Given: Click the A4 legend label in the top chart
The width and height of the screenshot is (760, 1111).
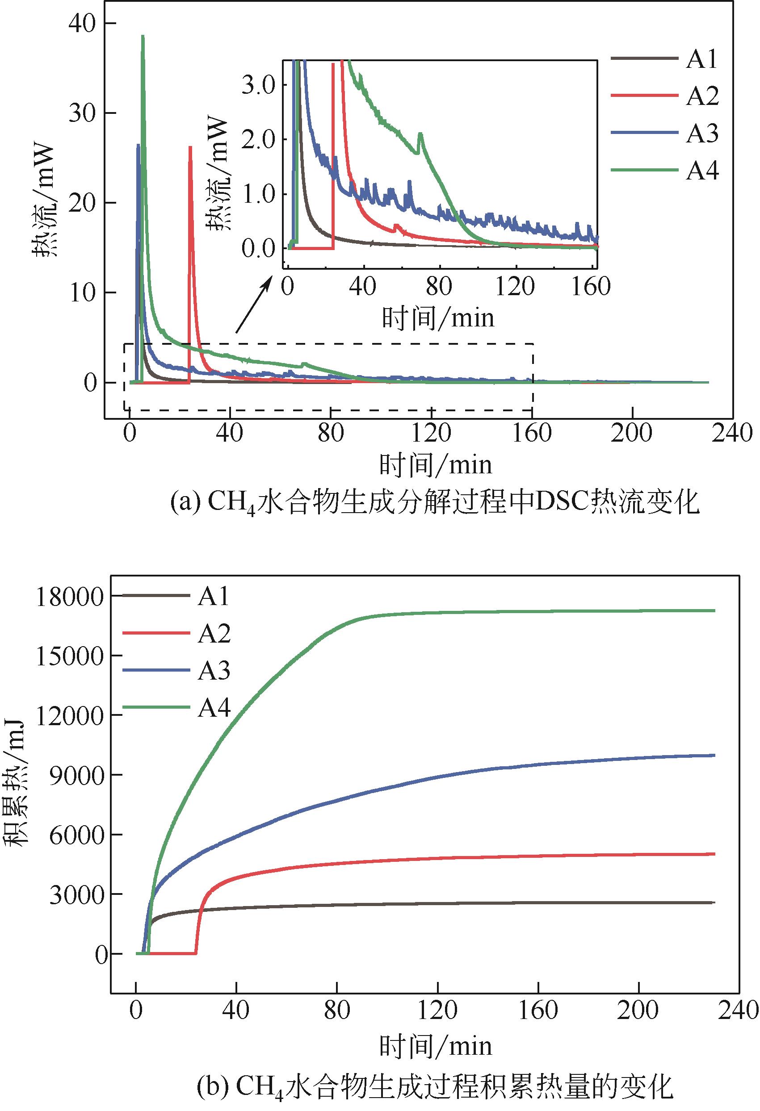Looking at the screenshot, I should pos(702,171).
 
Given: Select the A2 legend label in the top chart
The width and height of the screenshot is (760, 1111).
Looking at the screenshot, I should pos(702,96).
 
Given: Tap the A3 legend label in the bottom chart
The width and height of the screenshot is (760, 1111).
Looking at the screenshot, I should pos(214,671).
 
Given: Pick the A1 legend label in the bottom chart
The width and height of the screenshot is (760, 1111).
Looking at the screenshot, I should pos(214,596).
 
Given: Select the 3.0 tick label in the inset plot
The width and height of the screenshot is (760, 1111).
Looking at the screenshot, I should pos(258,85).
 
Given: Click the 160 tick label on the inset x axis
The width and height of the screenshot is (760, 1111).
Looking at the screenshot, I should pos(591,287).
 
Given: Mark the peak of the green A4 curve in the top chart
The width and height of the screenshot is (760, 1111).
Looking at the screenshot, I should pos(143,36).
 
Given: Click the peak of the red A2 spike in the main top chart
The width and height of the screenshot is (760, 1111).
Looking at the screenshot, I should pos(190,147).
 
